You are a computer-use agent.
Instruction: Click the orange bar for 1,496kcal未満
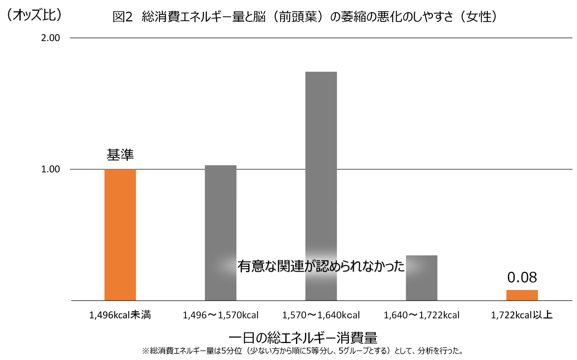tap(120, 235)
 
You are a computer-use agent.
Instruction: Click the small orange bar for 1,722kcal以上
tap(522, 295)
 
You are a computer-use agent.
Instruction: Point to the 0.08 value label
tap(522, 278)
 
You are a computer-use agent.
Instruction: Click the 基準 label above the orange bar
tap(120, 155)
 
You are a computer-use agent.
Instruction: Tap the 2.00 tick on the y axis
tap(51, 38)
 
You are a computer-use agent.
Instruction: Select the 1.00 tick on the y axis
tap(51, 169)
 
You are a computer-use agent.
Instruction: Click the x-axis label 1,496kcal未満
tap(120, 315)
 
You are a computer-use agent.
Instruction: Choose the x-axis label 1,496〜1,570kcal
tap(220, 315)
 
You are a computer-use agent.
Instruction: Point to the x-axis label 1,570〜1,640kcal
tap(321, 315)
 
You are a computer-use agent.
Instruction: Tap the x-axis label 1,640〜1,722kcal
tap(421, 315)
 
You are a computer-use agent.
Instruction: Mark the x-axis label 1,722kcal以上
tap(522, 315)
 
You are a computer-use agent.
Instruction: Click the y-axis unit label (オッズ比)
tap(34, 15)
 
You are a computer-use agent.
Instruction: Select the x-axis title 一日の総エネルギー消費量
tap(303, 338)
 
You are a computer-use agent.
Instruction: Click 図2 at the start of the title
tap(123, 17)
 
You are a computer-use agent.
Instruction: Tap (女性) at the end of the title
tap(478, 17)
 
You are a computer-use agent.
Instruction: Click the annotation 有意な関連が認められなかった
tap(321, 266)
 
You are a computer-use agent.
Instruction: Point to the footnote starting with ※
tap(303, 351)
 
